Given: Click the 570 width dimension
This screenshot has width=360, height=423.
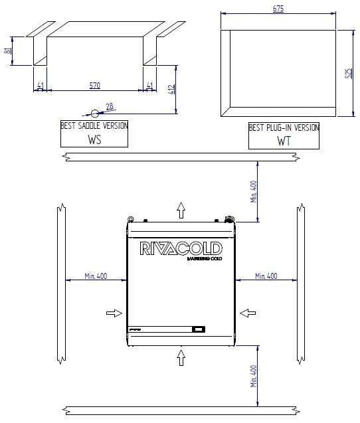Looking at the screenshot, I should point(96,86).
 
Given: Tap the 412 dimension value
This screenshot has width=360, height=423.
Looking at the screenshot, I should point(172,90).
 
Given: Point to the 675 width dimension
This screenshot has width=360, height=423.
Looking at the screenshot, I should point(278,9).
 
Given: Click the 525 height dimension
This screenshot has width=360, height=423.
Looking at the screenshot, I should point(349,72).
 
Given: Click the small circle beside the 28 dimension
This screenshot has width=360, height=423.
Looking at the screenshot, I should point(95,114).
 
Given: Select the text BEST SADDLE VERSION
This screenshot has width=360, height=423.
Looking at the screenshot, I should point(94,126).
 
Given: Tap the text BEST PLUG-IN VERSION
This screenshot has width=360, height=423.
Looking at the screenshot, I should point(284,127).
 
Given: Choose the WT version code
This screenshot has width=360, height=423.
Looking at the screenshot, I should point(284,141).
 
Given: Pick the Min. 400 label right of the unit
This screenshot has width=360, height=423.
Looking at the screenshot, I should point(266,276).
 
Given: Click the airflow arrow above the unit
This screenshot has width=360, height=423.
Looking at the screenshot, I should point(181,211).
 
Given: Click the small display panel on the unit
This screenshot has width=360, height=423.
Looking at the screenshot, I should point(198,329).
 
